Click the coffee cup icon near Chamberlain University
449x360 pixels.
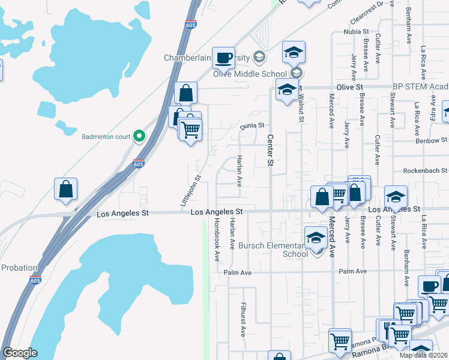(223, 58)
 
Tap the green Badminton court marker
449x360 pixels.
(139, 136)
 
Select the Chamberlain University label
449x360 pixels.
(208, 58)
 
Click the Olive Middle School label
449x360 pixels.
(251, 74)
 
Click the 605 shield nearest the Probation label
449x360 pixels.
(34, 280)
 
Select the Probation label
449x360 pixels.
(19, 268)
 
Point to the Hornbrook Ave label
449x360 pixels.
(217, 238)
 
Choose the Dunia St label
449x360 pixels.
(253, 125)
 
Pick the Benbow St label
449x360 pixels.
(432, 140)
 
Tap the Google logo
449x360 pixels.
(20, 353)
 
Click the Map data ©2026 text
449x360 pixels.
(423, 355)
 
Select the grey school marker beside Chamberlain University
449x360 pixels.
(259, 58)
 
